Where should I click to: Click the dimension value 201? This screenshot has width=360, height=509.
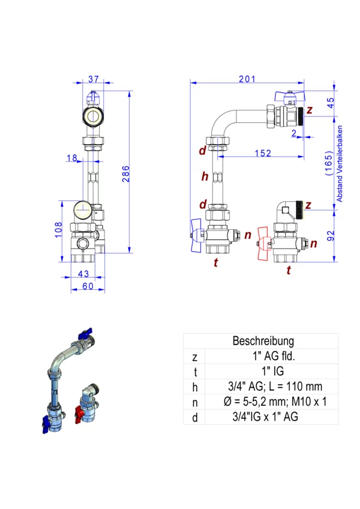click(x=247, y=79)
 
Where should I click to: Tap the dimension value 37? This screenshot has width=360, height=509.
click(x=94, y=79)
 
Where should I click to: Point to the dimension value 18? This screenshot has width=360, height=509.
click(x=73, y=158)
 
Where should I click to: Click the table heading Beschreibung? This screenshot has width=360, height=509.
click(x=263, y=341)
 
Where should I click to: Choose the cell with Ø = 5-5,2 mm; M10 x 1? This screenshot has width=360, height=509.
click(x=265, y=402)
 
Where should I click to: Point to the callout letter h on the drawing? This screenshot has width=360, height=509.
click(x=205, y=176)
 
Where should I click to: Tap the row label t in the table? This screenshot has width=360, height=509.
click(x=194, y=372)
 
